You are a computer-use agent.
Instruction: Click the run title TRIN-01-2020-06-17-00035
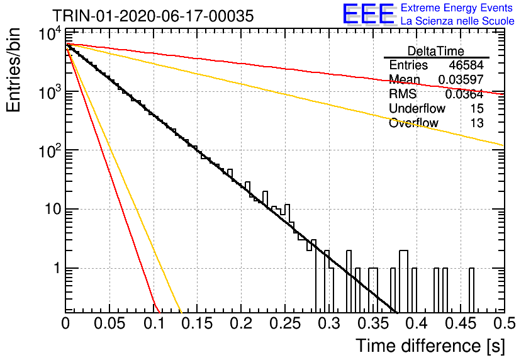coord(153,16)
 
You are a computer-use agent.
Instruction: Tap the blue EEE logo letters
coord(368,14)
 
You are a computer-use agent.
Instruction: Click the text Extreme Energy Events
coord(457,8)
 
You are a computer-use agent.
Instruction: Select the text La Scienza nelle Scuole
coord(457,21)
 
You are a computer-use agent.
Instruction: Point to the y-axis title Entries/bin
coord(14,70)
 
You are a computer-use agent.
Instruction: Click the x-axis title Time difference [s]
coord(430,346)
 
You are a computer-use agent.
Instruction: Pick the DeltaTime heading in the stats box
coord(436,51)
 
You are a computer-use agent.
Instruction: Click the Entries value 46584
coord(466,65)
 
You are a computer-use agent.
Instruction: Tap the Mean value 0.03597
coord(461,79)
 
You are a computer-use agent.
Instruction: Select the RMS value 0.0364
coord(464,94)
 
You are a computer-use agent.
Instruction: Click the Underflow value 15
coord(477,108)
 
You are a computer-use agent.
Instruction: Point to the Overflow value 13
coord(477,123)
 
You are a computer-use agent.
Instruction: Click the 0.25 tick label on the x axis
coord(285,323)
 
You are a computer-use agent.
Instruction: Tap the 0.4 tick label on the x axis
coord(417,323)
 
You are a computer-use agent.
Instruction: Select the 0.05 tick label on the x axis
coord(109,323)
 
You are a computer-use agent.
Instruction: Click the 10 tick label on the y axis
coord(53,209)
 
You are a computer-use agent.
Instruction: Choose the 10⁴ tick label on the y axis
coord(50,33)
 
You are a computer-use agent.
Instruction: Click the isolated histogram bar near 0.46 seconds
coord(471,290)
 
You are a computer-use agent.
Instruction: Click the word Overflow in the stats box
coord(413,123)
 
